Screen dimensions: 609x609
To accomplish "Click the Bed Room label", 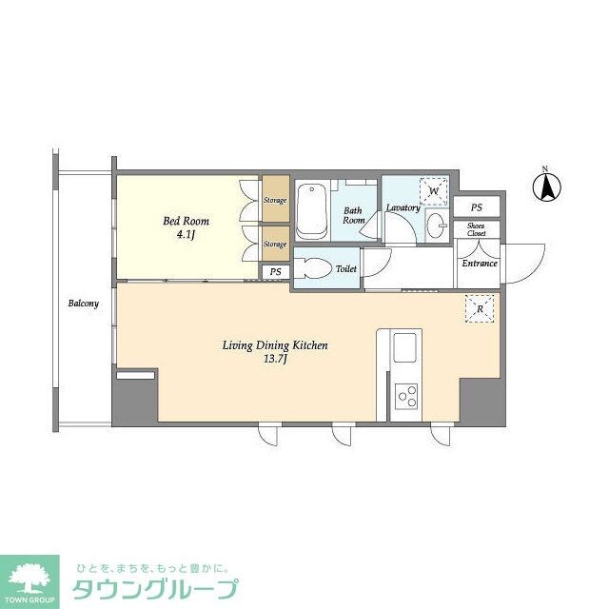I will (x=186, y=221).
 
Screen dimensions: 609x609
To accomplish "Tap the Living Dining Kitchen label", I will (x=276, y=345).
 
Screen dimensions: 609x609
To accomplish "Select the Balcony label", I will (x=83, y=304).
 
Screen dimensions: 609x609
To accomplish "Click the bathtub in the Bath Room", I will (x=312, y=211).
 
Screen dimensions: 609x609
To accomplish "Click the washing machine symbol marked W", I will (x=434, y=191).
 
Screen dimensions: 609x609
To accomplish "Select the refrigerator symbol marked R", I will (x=478, y=307).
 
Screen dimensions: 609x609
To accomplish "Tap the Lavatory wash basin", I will (x=435, y=226).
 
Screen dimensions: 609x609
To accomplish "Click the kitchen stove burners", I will (x=407, y=394).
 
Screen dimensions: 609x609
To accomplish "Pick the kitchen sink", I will (x=404, y=346).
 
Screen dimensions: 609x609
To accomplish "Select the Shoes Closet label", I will (x=476, y=228).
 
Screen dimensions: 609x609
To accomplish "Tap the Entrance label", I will (x=479, y=264).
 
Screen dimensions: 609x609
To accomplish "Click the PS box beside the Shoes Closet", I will (x=476, y=207).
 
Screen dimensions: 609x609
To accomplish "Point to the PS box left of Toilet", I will (x=275, y=271).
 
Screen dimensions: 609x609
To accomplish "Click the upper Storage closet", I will (x=275, y=201).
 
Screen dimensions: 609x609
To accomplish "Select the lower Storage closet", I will (x=275, y=245).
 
